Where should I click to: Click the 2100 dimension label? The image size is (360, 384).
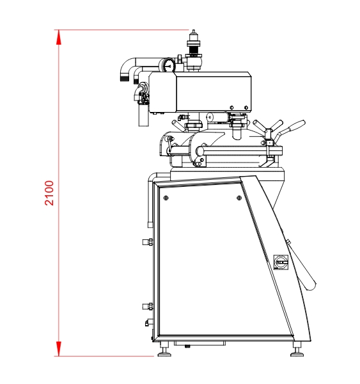tap(49, 193)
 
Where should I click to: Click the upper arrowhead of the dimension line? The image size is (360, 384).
tap(58, 37)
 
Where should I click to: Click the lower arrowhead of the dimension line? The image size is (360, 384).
tap(58, 349)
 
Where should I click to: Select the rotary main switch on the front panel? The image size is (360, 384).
tap(281, 262)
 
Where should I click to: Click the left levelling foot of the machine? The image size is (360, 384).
tap(164, 350)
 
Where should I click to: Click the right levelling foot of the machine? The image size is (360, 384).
tap(297, 350)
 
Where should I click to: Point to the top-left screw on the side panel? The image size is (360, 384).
tap(166, 198)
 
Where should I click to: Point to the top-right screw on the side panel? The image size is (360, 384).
tap(239, 198)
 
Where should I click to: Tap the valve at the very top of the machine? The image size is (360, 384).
tap(194, 50)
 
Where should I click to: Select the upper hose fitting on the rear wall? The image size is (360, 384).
tap(148, 242)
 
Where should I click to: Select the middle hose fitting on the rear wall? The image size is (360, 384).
tap(148, 307)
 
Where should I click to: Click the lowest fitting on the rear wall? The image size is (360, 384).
tap(149, 323)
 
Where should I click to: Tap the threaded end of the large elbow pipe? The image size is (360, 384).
tap(125, 79)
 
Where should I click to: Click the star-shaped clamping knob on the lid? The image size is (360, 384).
tap(268, 129)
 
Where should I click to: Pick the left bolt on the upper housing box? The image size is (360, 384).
tap(231, 108)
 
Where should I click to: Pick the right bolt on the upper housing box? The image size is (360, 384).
tap(246, 108)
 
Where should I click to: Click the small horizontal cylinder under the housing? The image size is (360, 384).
tap(218, 118)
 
